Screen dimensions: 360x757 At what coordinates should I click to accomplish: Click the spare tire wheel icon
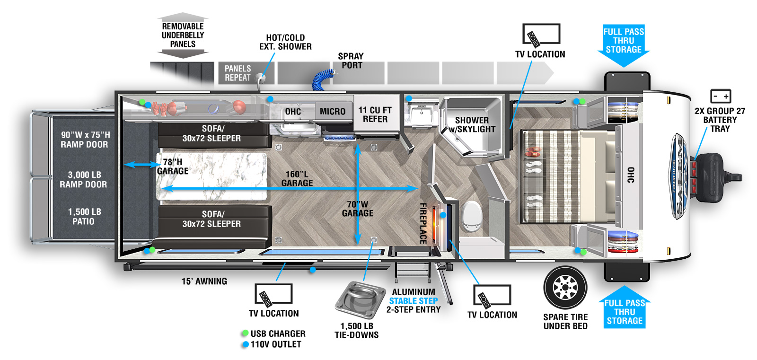click(565, 288)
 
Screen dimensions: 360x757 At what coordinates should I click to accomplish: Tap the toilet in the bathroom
click(472, 216)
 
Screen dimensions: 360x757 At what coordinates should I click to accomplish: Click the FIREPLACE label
click(423, 223)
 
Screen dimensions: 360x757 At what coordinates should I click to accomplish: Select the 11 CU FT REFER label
click(375, 114)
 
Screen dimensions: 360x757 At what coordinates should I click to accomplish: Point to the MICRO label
click(332, 112)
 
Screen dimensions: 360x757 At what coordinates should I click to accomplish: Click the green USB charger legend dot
click(245, 334)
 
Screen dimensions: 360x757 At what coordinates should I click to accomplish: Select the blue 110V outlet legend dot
click(245, 344)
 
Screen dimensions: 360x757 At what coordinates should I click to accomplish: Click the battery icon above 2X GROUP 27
click(721, 96)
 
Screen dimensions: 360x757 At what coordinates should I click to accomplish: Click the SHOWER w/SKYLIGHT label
click(472, 125)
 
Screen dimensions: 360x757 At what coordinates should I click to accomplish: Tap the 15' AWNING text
click(204, 281)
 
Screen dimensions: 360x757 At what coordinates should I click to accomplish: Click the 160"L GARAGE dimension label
click(297, 179)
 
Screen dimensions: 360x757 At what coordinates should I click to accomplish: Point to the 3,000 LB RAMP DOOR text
click(83, 180)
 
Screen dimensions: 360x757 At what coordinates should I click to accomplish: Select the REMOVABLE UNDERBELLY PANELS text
click(183, 35)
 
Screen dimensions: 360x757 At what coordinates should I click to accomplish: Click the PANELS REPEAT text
click(238, 73)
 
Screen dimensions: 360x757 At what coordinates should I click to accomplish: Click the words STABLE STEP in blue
click(414, 301)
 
